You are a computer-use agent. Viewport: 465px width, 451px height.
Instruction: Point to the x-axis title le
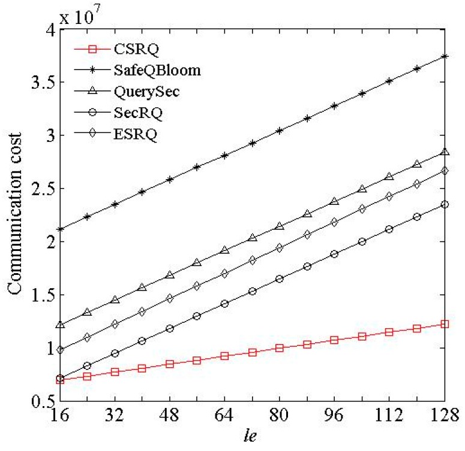252,440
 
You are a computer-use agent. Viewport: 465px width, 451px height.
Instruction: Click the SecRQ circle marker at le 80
280,279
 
